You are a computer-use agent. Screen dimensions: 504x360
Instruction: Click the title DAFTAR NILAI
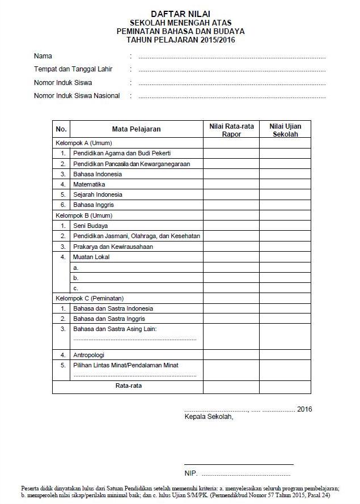pos(180,13)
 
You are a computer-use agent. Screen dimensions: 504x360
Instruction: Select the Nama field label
pos(43,56)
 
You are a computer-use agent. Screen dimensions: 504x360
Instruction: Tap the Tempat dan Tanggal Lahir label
pos(73,69)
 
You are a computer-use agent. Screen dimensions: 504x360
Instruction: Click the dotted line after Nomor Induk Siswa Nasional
pos(232,97)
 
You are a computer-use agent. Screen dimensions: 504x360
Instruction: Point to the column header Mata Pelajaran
pos(136,129)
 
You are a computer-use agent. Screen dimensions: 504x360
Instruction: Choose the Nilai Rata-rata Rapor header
pos(231,130)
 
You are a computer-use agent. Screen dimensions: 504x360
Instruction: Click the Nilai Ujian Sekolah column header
pos(285,130)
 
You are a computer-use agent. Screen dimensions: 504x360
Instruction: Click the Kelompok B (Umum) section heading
pos(83,215)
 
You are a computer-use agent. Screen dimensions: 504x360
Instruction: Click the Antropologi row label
pos(88,355)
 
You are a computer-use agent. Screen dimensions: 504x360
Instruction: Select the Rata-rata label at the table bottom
pos(128,386)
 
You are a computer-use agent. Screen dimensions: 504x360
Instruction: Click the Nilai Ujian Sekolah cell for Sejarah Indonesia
pos(285,194)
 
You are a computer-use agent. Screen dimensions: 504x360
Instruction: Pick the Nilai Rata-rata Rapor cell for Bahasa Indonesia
pos(231,174)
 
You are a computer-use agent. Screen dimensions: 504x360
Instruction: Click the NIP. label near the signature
pos(191,473)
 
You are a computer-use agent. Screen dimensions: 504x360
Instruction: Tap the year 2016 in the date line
pos(304,409)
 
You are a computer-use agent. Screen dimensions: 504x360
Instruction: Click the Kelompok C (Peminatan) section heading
pos(89,298)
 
